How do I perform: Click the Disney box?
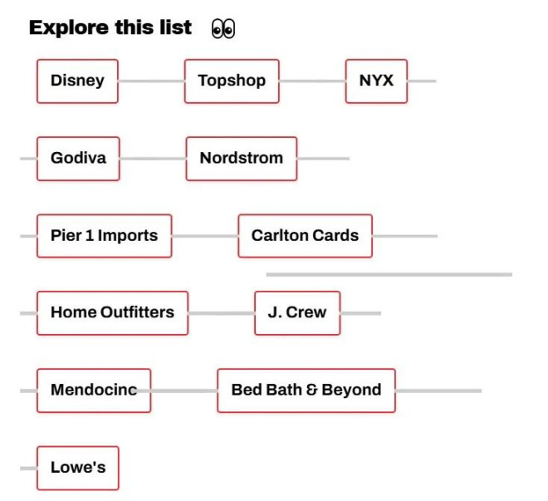tap(77, 81)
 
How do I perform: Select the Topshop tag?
tap(232, 81)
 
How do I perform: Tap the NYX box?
tap(376, 81)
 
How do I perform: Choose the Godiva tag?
tap(78, 159)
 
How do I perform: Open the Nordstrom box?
tap(242, 159)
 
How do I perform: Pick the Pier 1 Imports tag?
tap(104, 236)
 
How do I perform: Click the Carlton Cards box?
tap(305, 236)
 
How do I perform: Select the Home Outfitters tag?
tap(112, 313)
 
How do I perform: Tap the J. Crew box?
tap(297, 313)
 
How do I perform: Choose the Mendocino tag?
tap(94, 390)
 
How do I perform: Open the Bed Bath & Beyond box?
tap(306, 390)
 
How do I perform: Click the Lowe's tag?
tap(77, 468)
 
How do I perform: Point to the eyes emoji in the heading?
tap(223, 29)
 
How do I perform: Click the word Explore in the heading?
tap(69, 28)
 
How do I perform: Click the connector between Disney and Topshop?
tap(151, 81)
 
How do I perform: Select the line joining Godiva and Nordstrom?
tap(153, 159)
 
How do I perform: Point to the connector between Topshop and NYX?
tap(312, 81)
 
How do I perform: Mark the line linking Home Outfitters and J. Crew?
tap(221, 313)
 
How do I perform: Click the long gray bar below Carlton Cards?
tap(389, 274)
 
